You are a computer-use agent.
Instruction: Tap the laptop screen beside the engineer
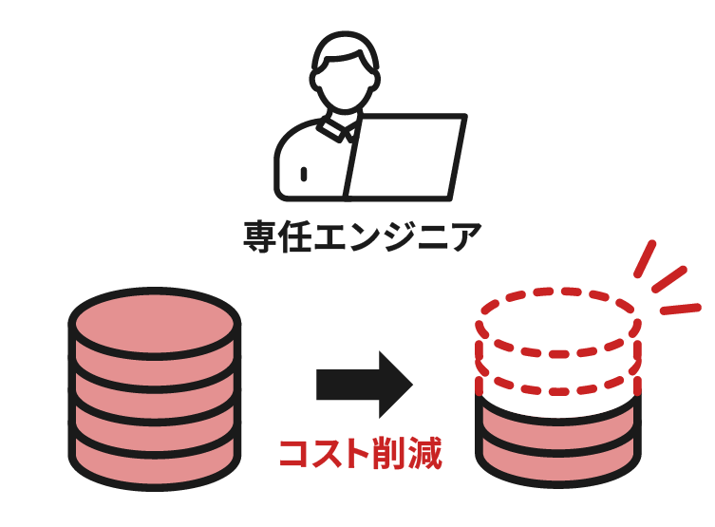coord(405,157)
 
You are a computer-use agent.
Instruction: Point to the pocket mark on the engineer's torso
coord(304,174)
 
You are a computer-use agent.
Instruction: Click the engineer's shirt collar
coord(337,128)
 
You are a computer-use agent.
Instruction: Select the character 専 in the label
coord(260,236)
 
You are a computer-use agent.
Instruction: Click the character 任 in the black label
coord(294,236)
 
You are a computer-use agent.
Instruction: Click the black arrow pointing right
coord(365,385)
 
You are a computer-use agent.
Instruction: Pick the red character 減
coord(425,453)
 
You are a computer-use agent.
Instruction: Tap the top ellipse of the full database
coord(155,323)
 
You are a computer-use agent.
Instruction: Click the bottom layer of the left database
coord(155,461)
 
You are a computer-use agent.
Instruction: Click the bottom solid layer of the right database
coord(558,459)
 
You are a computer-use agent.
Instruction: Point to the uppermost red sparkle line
coord(645,258)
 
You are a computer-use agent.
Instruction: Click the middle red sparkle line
coord(668,279)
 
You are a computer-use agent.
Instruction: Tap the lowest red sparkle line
coord(681,310)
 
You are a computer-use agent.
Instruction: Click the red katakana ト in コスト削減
coord(358,453)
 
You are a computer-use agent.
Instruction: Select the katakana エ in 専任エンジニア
coord(330,236)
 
